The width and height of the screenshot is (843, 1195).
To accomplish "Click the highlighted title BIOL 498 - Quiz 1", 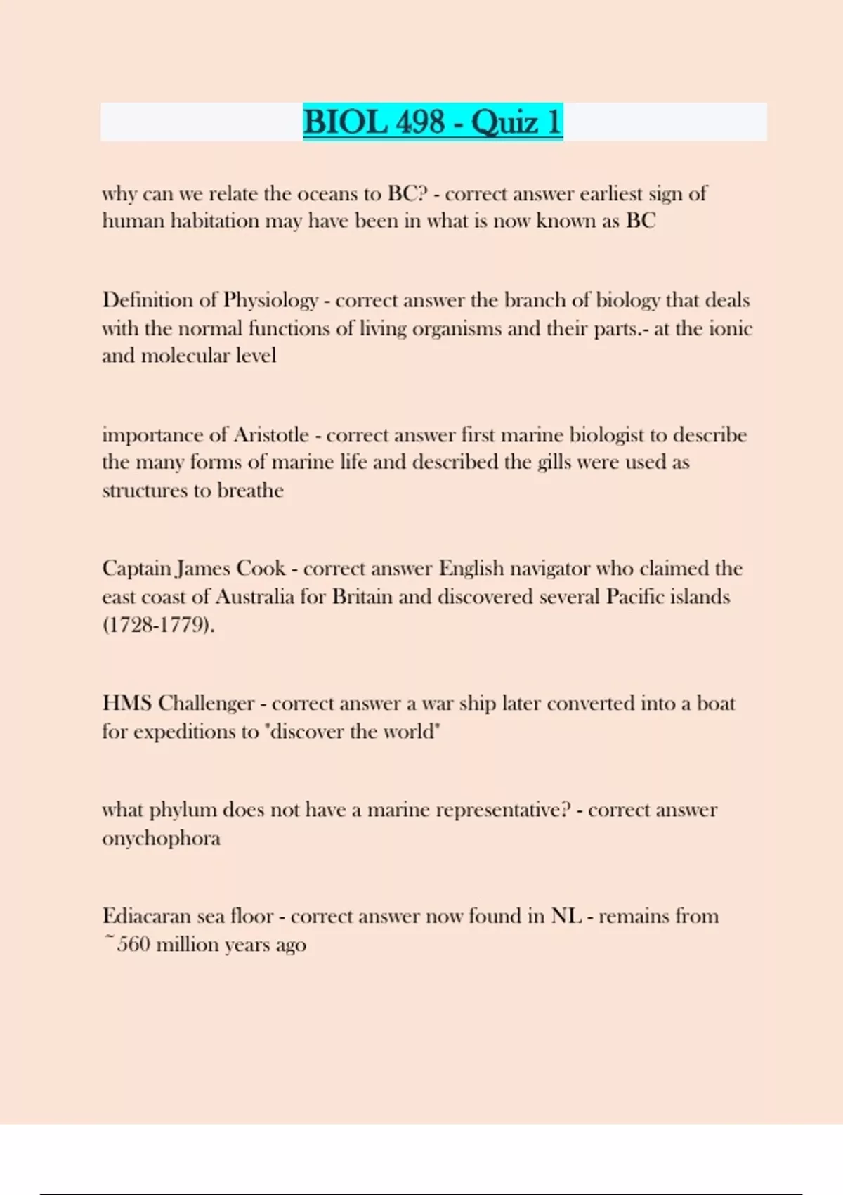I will (x=433, y=122).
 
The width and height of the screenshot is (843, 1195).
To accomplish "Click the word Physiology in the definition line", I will (x=270, y=301).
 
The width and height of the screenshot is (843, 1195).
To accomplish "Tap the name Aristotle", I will (x=270, y=435).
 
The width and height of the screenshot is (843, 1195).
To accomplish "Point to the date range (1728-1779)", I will (x=159, y=625).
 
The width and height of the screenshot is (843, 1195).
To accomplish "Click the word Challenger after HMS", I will (x=206, y=704).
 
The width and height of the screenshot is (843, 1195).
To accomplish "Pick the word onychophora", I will (x=161, y=839).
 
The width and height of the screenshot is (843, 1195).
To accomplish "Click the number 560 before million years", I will (x=133, y=945).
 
